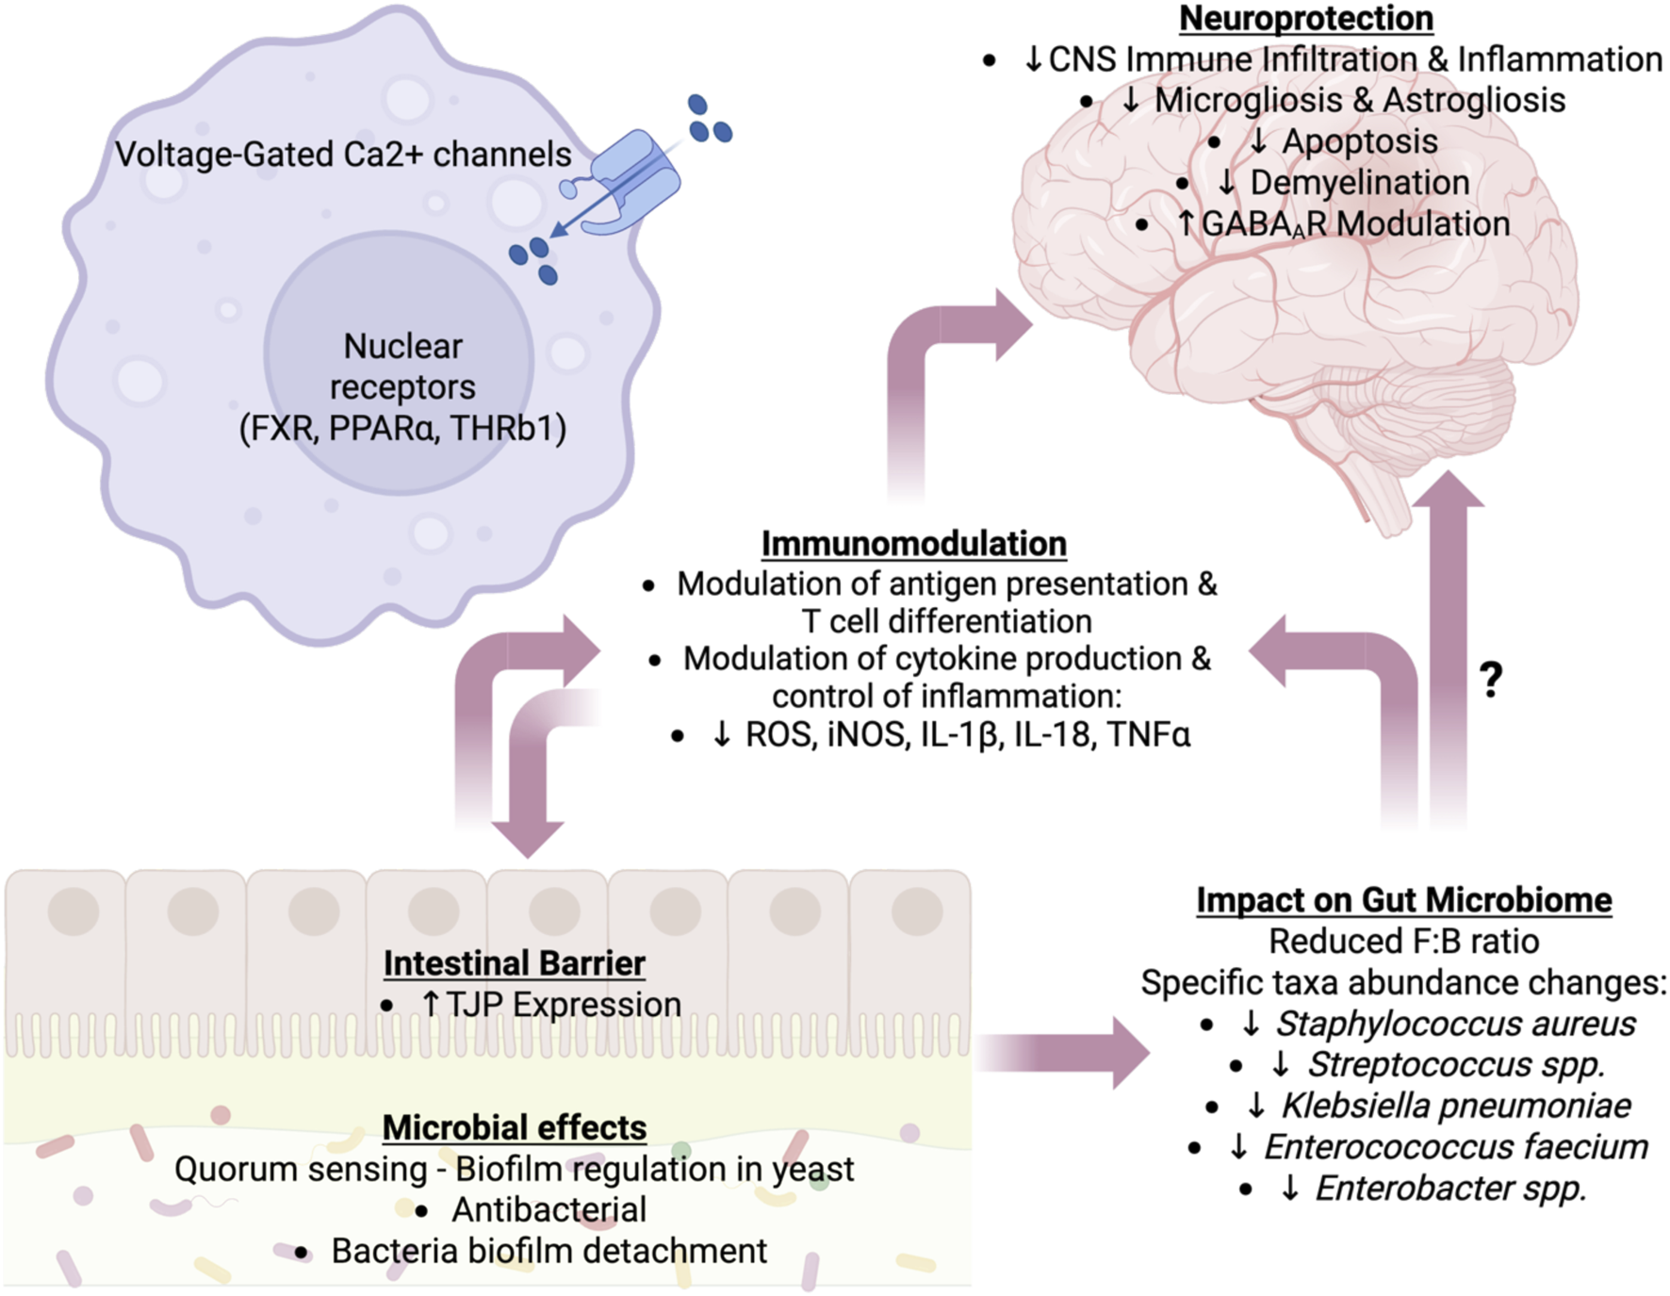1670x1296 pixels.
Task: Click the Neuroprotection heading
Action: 1305,18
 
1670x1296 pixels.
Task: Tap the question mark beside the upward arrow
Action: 1490,679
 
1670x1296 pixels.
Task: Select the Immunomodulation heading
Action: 913,544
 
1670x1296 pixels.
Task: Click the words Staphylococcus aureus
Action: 1455,1024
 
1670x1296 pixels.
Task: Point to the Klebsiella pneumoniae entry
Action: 1455,1106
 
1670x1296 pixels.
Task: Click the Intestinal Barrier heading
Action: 514,963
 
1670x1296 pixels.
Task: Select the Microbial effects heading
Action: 514,1127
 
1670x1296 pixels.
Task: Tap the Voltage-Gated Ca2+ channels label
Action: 343,155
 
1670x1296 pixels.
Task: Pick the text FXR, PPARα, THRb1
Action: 402,429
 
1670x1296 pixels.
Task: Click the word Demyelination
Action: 1359,183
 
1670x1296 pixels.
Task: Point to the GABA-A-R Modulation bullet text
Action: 1355,224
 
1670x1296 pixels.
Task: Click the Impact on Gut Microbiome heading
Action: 1403,900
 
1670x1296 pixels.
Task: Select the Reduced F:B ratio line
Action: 1403,942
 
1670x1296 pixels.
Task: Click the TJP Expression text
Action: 563,1005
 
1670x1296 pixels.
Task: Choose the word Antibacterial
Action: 548,1210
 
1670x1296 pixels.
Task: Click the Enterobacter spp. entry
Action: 1450,1189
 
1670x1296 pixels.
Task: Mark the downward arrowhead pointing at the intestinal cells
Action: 528,837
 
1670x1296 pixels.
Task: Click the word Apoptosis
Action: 1359,141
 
